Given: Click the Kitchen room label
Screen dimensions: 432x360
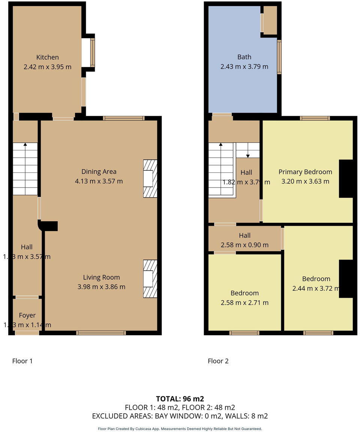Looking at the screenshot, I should coord(47,57).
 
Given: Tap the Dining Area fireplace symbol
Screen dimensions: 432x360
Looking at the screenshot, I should coord(150,178).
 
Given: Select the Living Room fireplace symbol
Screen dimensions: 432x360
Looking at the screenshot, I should coord(150,279).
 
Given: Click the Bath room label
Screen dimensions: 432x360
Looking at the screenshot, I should coord(244,57).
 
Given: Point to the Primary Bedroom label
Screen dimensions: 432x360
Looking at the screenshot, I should coord(305,172).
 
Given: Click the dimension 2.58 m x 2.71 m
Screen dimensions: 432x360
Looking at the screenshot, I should coord(244,303).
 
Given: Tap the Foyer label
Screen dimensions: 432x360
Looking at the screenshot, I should coord(27,315).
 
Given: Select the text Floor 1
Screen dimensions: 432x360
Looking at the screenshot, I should coord(22,361).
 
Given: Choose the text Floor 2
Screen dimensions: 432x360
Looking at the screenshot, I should coord(218,361).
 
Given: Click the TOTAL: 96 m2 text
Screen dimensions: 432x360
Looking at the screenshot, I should coord(180,399).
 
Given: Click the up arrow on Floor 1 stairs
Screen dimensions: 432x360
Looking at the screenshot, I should coord(25,144).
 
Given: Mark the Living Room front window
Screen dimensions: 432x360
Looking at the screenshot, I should coord(101,333).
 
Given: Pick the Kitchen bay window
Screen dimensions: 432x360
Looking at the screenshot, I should coord(92,52).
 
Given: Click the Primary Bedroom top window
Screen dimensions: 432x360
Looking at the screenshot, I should coord(315,118).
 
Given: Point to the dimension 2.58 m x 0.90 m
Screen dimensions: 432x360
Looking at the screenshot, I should coord(244,245).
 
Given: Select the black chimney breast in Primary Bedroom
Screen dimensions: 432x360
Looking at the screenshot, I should coord(346,178).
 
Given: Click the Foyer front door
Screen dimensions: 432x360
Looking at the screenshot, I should coord(27,333).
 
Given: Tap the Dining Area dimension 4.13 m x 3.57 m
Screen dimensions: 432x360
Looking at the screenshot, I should coord(99,181).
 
